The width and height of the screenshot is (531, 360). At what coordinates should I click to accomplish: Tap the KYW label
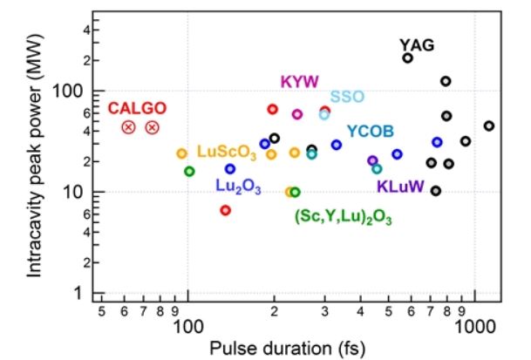[x=299, y=82]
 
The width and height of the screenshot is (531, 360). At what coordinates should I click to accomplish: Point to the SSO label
[x=346, y=96]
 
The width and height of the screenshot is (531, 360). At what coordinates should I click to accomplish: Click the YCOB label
[x=370, y=132]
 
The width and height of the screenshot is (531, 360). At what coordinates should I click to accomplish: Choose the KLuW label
[x=400, y=186]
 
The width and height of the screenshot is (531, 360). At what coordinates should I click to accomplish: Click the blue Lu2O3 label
[x=238, y=186]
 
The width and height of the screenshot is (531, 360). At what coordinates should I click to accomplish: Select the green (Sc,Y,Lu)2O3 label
[x=343, y=216]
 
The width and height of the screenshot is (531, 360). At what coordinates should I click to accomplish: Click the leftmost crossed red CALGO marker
[x=128, y=127]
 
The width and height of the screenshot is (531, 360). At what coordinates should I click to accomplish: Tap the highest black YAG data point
[x=407, y=58]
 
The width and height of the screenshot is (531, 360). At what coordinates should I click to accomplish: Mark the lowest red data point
[x=225, y=210]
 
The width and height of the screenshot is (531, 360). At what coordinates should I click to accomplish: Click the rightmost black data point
[x=488, y=126]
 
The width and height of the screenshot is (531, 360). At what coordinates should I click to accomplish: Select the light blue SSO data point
[x=324, y=114]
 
